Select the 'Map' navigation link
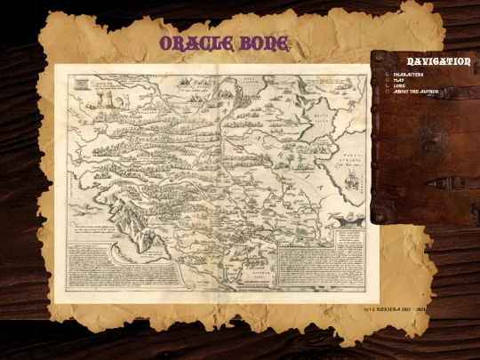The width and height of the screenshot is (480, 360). [399, 80]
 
